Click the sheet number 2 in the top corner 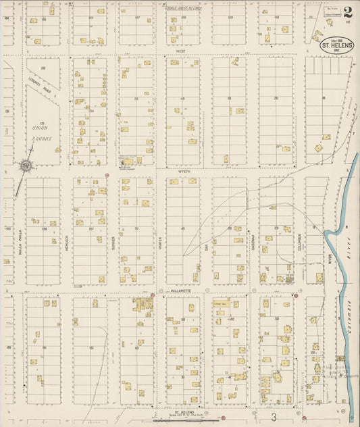click(347, 11)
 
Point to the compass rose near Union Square click(24, 164)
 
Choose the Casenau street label click(253, 241)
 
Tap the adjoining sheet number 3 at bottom click(274, 418)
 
